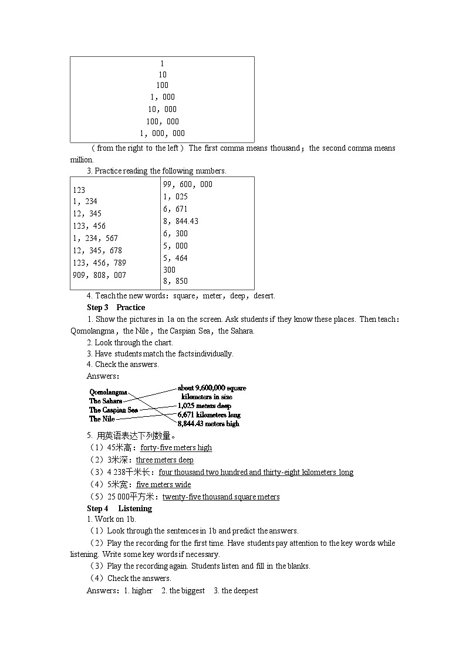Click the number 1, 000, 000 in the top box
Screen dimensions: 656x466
pyautogui.click(x=162, y=134)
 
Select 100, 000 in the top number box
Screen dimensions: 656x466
pyautogui.click(x=162, y=122)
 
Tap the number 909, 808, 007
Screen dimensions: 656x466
pyautogui.click(x=99, y=275)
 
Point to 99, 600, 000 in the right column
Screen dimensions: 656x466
pyautogui.click(x=188, y=184)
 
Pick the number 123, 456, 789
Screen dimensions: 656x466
pyautogui.click(x=99, y=263)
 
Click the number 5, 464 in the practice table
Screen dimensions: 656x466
pyautogui.click(x=175, y=258)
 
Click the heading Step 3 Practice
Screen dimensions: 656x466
pyautogui.click(x=116, y=307)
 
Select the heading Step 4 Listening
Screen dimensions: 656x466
pyautogui.click(x=119, y=508)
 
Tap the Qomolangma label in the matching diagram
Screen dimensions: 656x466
pyautogui.click(x=108, y=392)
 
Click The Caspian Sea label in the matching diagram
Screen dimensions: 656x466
pyautogui.click(x=113, y=410)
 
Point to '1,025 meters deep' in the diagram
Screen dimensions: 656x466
pyautogui.click(x=204, y=406)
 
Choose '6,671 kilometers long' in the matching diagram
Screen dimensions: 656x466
pyautogui.click(x=208, y=414)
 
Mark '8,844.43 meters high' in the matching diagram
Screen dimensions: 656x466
pyautogui.click(x=208, y=423)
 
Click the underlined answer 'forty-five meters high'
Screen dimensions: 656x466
pyautogui.click(x=176, y=448)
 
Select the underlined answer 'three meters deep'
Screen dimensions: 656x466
pyautogui.click(x=164, y=460)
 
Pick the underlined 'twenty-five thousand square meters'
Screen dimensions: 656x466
pyautogui.click(x=221, y=497)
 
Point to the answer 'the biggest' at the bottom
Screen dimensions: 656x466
pyautogui.click(x=187, y=590)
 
